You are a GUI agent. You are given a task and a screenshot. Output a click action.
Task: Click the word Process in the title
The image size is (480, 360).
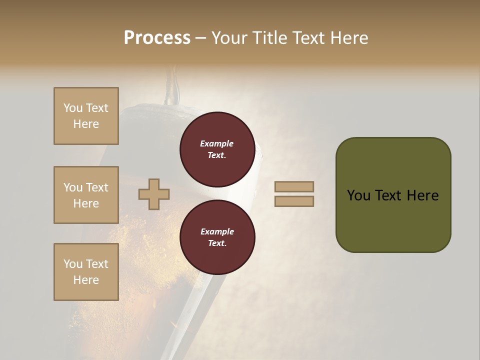(157, 38)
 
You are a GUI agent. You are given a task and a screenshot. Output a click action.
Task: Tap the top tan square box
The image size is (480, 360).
(86, 116)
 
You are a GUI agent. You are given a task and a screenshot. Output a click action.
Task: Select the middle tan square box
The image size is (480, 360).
(86, 195)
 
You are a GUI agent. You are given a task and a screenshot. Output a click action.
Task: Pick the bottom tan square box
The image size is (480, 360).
(86, 272)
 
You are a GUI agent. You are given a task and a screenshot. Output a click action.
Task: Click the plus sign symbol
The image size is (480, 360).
(154, 194)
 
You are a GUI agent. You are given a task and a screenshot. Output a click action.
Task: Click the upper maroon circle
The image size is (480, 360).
(217, 149)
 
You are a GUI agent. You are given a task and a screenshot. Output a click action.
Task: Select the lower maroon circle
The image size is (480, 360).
(217, 237)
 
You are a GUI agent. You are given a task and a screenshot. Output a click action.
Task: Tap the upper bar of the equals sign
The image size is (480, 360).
(294, 187)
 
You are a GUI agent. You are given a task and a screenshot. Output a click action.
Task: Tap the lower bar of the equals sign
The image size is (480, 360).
(294, 201)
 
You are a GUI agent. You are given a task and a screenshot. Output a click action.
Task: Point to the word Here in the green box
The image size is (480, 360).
(422, 195)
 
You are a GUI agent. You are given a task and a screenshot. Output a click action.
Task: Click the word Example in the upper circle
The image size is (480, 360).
(217, 143)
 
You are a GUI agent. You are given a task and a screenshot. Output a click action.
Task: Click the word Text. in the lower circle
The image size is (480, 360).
(217, 243)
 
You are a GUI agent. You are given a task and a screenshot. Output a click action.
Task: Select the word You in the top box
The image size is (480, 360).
(73, 108)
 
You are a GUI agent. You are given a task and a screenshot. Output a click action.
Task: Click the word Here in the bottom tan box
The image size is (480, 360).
(86, 280)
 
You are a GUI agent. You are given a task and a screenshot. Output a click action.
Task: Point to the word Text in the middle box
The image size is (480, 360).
(96, 187)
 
